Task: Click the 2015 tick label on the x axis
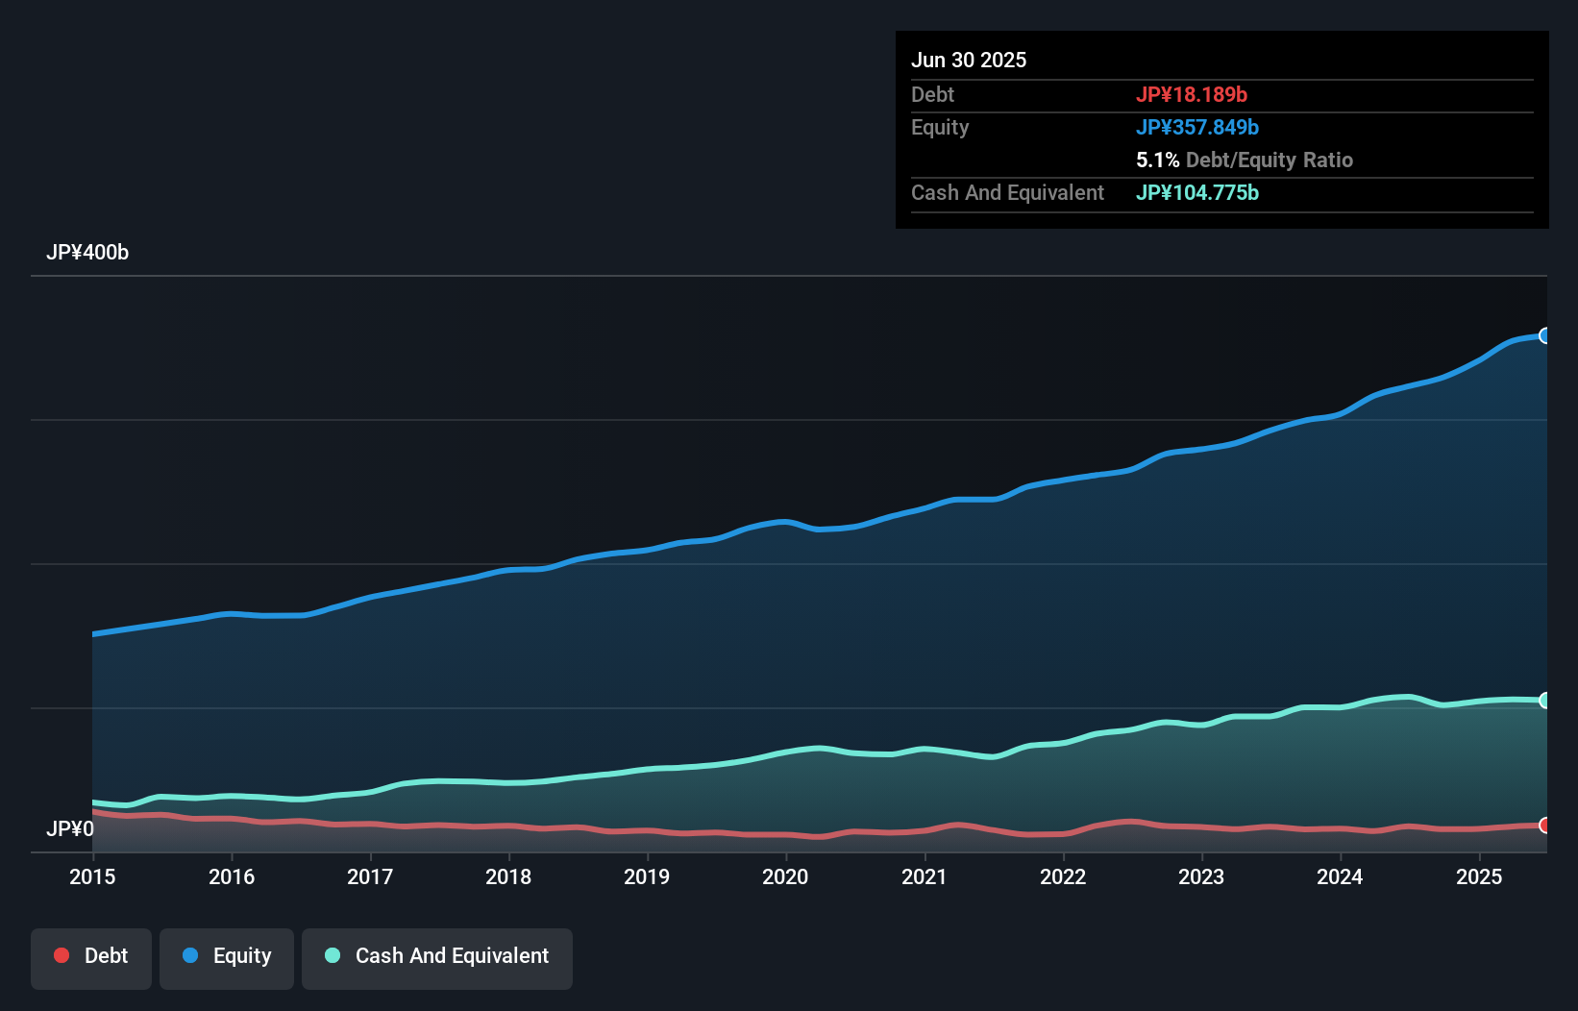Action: (x=92, y=876)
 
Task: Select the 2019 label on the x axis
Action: (x=647, y=876)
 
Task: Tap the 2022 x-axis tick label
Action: (x=1063, y=876)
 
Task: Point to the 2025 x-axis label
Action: (x=1479, y=876)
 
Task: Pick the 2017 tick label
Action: (x=370, y=876)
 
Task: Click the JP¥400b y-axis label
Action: (x=87, y=253)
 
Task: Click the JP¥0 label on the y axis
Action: (x=70, y=828)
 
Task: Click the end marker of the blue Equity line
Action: (x=1544, y=335)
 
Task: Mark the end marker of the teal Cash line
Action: (x=1544, y=701)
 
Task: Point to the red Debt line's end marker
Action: (x=1544, y=826)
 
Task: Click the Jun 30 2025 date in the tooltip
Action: (x=969, y=61)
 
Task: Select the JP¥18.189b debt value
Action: (x=1192, y=95)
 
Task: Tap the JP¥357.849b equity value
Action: (x=1197, y=128)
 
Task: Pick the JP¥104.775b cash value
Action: (x=1197, y=193)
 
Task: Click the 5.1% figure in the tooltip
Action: (x=1157, y=160)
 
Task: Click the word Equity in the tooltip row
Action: (x=940, y=128)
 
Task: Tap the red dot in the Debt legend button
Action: (x=62, y=956)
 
